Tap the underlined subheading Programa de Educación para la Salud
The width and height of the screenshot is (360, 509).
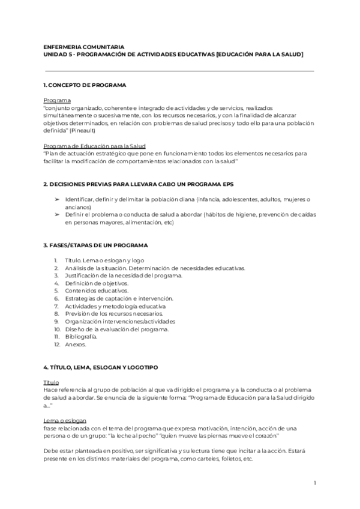click(x=95, y=146)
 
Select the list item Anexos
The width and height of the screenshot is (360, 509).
click(x=76, y=345)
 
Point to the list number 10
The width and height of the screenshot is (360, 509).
click(x=57, y=329)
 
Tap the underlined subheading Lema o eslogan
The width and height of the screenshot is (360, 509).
click(x=65, y=420)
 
